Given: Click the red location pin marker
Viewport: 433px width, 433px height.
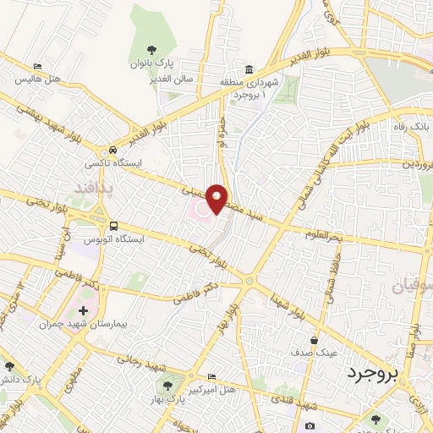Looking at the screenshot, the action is tap(217, 199).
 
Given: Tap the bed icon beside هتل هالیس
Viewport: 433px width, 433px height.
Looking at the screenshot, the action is tap(36, 66).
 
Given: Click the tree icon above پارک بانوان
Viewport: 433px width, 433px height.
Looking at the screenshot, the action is tap(151, 50).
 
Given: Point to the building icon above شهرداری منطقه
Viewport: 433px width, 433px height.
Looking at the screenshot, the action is tap(249, 69).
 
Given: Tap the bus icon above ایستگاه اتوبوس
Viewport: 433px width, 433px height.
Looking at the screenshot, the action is tap(113, 226).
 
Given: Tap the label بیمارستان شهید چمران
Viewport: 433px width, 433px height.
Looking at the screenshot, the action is tap(73, 325).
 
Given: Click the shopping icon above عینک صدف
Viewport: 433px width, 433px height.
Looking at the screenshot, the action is tap(314, 340).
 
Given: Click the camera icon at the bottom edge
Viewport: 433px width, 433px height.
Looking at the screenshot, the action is tap(310, 425).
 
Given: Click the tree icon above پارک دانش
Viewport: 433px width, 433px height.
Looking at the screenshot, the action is tap(9, 366).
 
